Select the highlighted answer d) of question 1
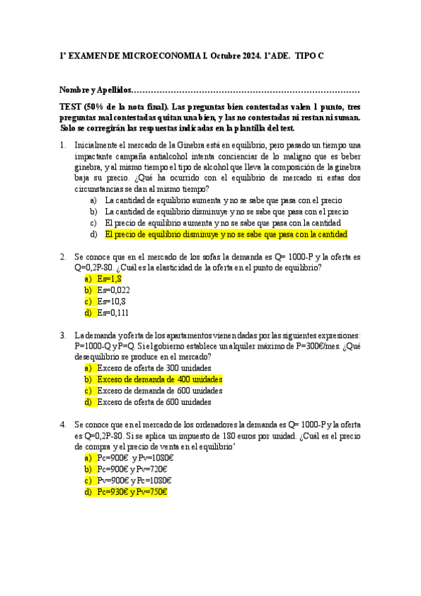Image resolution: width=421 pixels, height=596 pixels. (x=226, y=235)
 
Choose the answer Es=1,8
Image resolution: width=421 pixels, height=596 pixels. (x=110, y=279)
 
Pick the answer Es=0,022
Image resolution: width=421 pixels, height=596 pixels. (x=114, y=290)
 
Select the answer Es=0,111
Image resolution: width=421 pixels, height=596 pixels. (x=114, y=313)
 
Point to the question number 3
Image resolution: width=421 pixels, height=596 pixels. (x=63, y=335)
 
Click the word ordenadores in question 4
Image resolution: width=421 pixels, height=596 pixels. (x=216, y=425)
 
